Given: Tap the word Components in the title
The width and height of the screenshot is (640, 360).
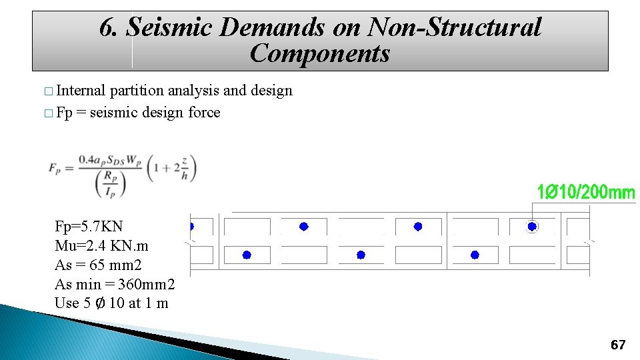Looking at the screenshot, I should click(x=320, y=53).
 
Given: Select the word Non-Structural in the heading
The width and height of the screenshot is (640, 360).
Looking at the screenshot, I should click(x=455, y=27).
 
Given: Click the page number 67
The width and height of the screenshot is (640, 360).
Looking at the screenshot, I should click(x=618, y=345).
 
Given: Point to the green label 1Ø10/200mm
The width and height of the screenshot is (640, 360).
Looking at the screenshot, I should click(x=586, y=193).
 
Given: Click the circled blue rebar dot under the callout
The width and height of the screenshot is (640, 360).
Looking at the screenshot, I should click(x=532, y=227).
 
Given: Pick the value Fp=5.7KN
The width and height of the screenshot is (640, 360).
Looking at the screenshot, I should click(x=89, y=226).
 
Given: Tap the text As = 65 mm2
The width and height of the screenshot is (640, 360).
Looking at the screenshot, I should click(x=98, y=265).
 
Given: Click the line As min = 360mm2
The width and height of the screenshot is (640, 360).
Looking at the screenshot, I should click(x=115, y=284).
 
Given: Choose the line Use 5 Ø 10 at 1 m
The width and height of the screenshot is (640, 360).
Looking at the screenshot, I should click(x=111, y=303).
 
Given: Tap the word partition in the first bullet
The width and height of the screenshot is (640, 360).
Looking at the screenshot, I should click(x=137, y=91).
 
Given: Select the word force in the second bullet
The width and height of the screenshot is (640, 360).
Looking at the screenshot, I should click(x=204, y=112).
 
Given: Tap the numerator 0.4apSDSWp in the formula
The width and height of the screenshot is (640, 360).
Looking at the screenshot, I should click(x=110, y=160).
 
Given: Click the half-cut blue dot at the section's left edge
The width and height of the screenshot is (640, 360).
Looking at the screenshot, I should click(x=191, y=227).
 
